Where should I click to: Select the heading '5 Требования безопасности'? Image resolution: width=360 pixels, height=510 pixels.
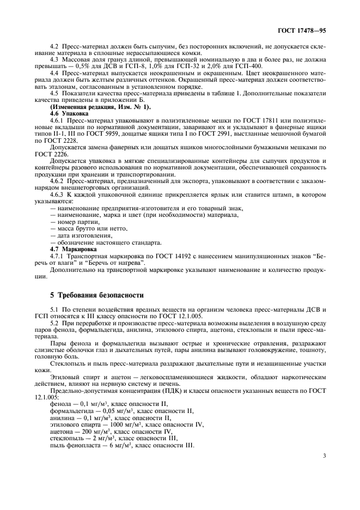pos(97,295)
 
